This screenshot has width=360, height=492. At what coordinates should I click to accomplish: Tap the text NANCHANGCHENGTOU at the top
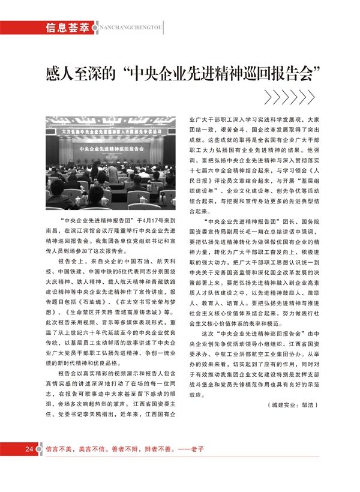pyautogui.click(x=128, y=28)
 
